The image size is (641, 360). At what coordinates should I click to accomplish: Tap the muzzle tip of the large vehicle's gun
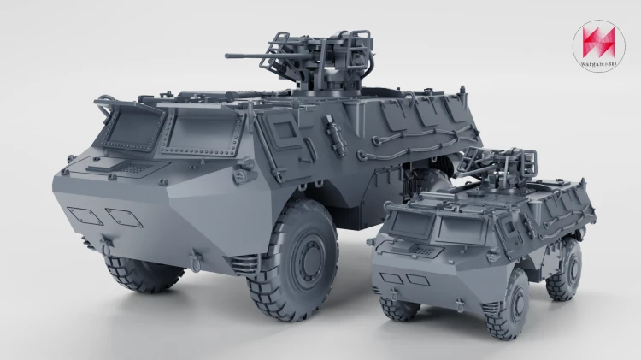(226, 56)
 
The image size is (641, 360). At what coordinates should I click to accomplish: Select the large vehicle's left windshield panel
(131, 127)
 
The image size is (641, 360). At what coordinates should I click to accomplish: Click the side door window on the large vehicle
(285, 130)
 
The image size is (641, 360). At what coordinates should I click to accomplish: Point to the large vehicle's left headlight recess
(85, 215)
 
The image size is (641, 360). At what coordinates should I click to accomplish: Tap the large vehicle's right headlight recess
(124, 218)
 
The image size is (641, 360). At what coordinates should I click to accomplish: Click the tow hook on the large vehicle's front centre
(106, 244)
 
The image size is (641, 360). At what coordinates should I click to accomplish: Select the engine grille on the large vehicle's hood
(136, 168)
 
